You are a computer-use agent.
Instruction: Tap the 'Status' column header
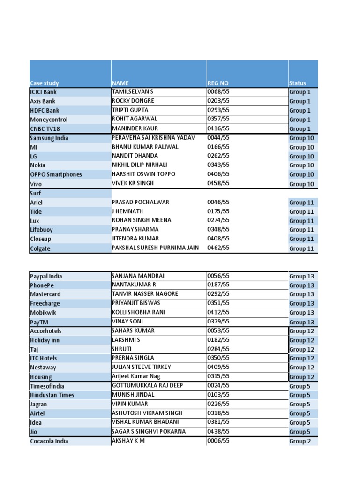pos(298,83)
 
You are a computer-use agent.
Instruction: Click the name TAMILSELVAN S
pos(133,91)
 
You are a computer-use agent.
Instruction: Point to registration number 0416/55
pos(218,128)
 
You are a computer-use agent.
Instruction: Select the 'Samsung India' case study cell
pos(49,138)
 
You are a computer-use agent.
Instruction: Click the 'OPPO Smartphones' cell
pos(56,174)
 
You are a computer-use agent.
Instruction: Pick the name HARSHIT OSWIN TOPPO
pos(143,174)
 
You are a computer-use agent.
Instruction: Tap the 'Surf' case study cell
pos(36,193)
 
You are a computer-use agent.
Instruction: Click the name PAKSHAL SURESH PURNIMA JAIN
pos(155,247)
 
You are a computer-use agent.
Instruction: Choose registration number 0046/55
pos(218,202)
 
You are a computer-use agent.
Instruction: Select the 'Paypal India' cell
pos(46,276)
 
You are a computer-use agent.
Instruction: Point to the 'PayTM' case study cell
pos(39,322)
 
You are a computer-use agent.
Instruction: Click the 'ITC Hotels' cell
pos(43,358)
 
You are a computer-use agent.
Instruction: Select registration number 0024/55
pos(218,385)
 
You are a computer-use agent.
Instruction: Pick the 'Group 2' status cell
pos(300,441)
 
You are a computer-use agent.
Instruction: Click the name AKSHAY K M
pos(128,441)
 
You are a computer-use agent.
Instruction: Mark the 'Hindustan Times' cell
pos(52,395)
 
